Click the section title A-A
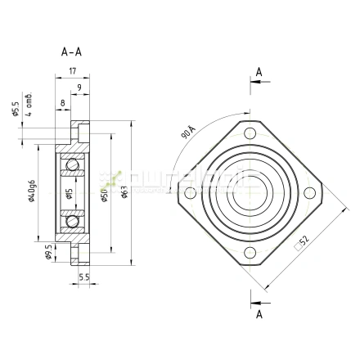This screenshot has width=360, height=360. pyautogui.click(x=72, y=52)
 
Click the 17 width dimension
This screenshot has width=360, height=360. pyautogui.click(x=72, y=70)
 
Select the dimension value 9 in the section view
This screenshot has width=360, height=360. pyautogui.click(x=78, y=87)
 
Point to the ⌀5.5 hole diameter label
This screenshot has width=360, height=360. pyautogui.click(x=15, y=108)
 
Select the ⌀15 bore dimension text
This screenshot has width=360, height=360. pyautogui.click(x=70, y=193)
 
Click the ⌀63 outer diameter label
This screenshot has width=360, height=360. pyautogui.click(x=124, y=192)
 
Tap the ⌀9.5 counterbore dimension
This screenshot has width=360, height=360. pyautogui.click(x=48, y=250)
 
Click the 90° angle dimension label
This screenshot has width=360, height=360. pyautogui.click(x=187, y=132)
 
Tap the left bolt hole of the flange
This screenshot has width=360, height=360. pyautogui.click(x=191, y=194)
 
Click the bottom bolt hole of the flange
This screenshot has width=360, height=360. pyautogui.click(x=250, y=253)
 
